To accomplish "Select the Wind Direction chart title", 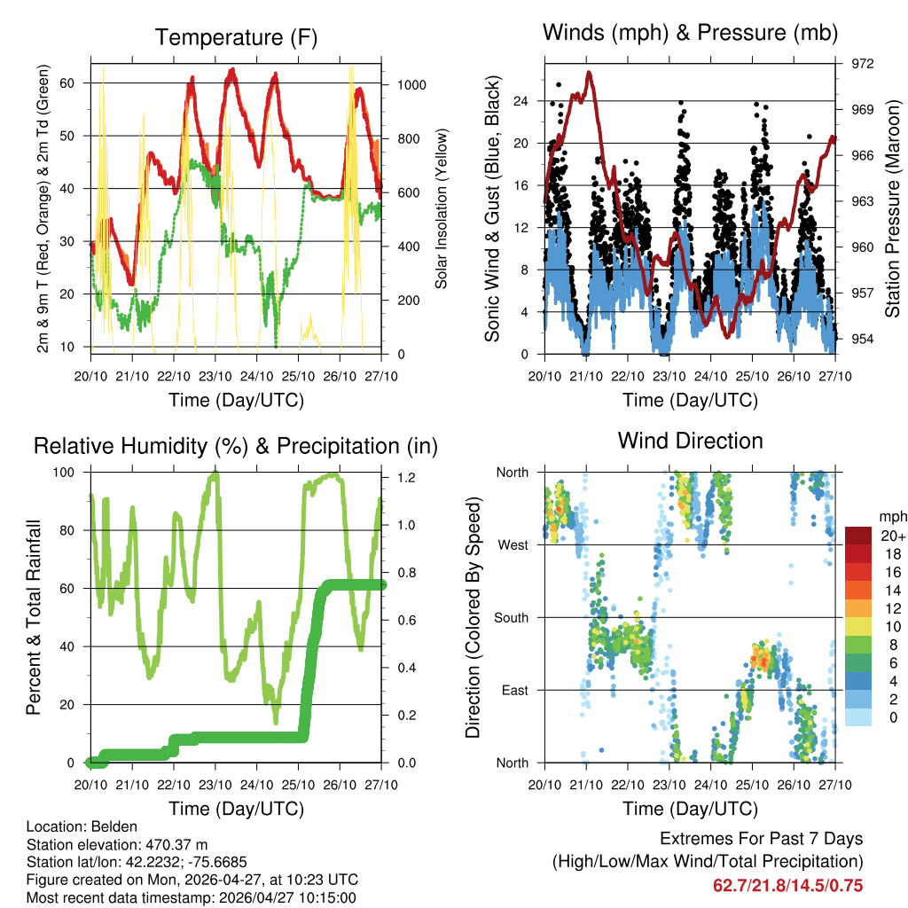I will pyautogui.click(x=690, y=440).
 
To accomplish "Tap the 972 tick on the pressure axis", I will pyautogui.click(x=863, y=64).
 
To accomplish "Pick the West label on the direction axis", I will pyautogui.click(x=513, y=544).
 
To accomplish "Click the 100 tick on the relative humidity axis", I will pyautogui.click(x=73, y=472).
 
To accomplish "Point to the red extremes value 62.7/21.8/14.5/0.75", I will pyautogui.click(x=787, y=885).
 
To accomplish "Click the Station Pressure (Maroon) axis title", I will pyautogui.click(x=892, y=208).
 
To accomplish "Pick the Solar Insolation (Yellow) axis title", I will pyautogui.click(x=441, y=208).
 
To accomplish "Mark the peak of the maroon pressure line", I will pyautogui.click(x=589, y=73).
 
